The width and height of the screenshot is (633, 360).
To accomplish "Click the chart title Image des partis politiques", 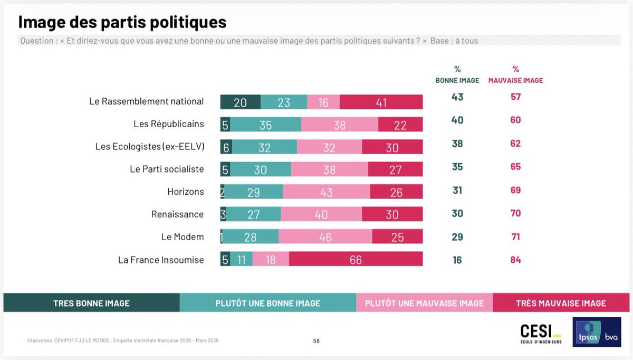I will point(122,22).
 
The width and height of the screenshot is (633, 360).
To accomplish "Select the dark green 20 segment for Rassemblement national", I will point(240,102).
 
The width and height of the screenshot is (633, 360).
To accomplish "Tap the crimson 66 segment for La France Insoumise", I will point(356,259).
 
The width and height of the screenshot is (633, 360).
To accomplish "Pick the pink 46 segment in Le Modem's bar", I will point(325,237).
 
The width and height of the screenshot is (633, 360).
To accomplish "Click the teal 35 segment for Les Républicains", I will point(266,125).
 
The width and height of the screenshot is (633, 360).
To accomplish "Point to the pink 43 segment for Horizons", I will point(327,192).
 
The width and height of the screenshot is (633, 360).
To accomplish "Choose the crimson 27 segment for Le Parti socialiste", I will point(395,169).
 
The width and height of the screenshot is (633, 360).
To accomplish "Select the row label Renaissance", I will point(177,214).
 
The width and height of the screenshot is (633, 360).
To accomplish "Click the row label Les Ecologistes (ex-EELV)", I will point(149,147).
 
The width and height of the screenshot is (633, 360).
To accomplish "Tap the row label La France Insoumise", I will point(161,260).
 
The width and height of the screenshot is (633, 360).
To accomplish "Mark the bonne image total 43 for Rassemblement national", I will point(457,97).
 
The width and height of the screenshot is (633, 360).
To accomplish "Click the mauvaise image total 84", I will point(515,260).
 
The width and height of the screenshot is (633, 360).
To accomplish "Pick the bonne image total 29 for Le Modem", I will point(457,236).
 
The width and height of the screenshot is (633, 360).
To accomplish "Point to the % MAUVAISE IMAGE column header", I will point(515,75).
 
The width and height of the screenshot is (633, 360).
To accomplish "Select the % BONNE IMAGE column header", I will point(457,75).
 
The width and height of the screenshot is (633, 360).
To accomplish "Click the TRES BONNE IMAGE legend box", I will point(91,303).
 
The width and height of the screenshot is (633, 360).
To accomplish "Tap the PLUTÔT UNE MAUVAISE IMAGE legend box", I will point(424,303).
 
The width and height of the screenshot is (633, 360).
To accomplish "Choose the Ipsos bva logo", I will point(597,332).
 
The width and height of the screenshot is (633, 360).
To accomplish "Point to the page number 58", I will point(316,341).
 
